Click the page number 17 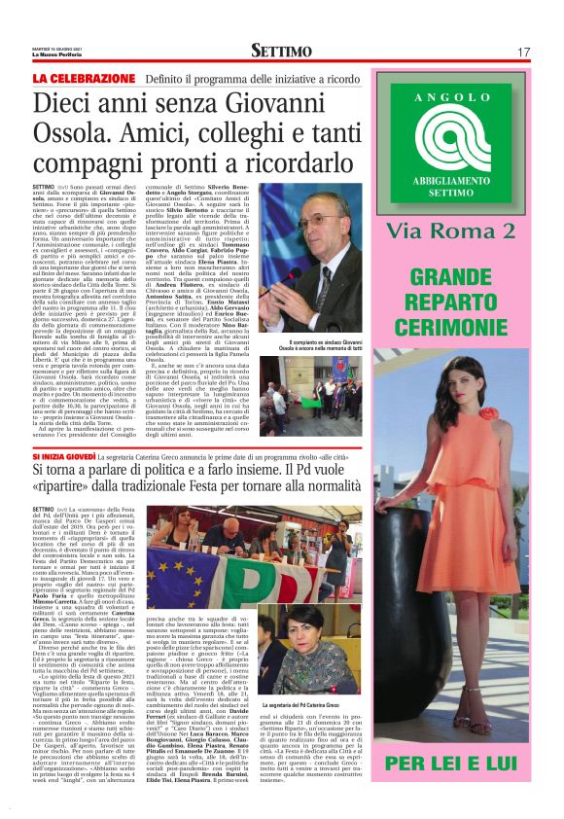[x=523, y=52]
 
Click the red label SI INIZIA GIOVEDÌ [x=74, y=457]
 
